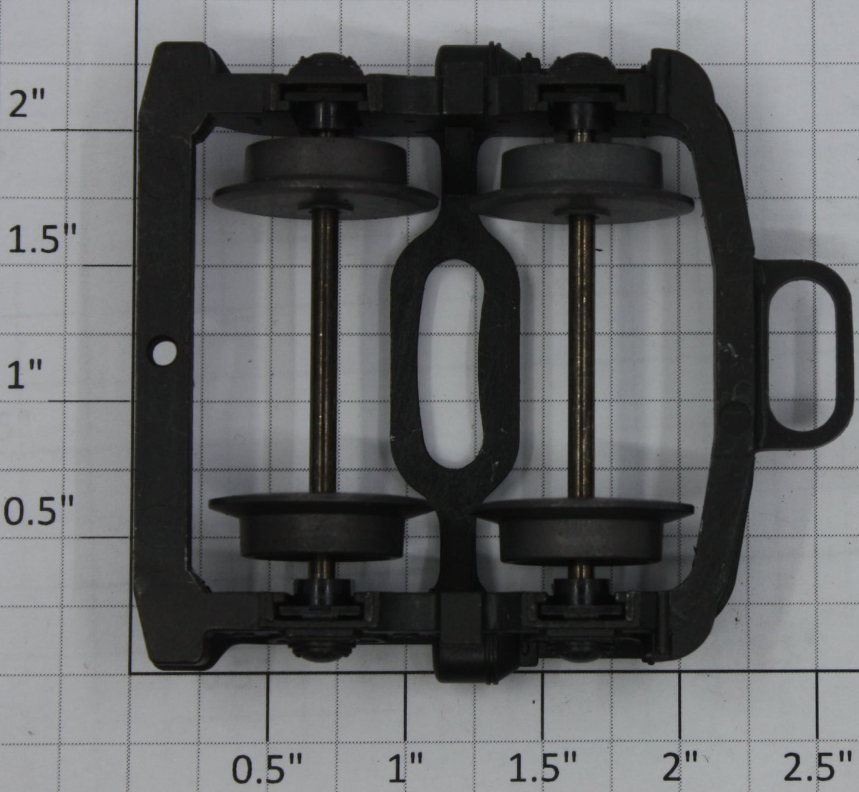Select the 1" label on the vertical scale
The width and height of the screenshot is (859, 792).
(x=24, y=375)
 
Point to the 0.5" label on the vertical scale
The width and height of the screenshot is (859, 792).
(x=39, y=510)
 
